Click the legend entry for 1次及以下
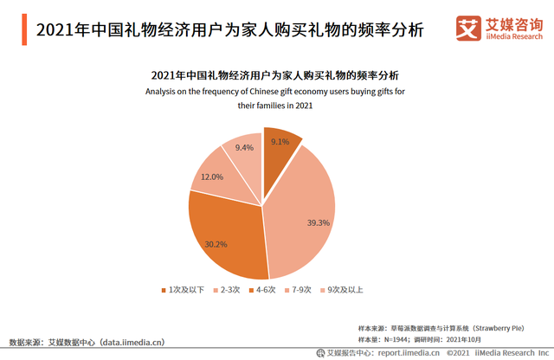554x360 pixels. (x=184, y=289)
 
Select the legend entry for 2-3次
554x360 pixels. (x=229, y=289)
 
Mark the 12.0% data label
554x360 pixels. (x=212, y=177)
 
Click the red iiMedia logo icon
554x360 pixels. (x=468, y=29)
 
